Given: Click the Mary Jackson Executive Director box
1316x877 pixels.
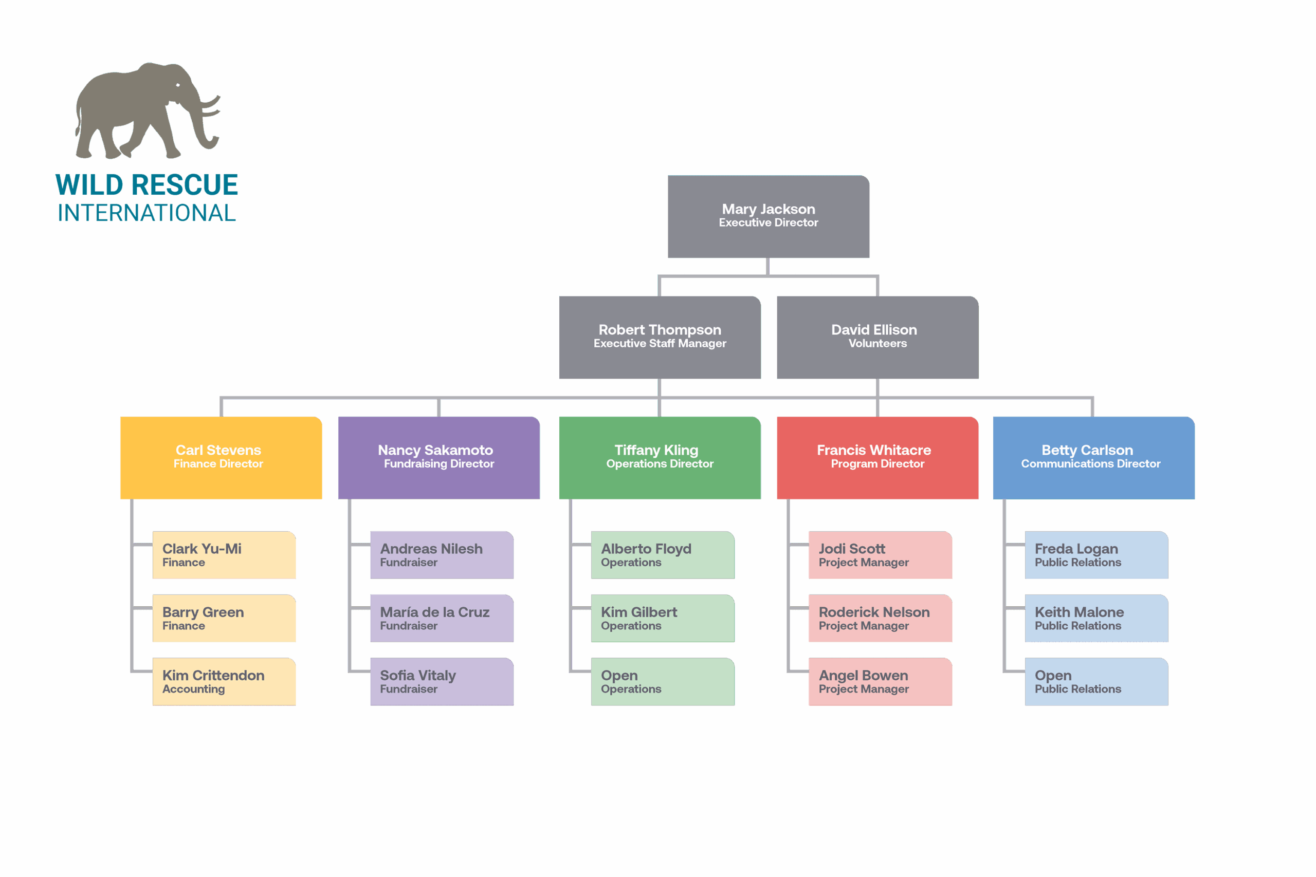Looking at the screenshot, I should pos(768,216).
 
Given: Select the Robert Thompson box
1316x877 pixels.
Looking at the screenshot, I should pos(660,337).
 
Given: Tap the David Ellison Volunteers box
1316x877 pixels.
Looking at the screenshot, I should pos(878,337).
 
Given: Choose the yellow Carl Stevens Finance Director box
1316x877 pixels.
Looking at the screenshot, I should pos(221,458).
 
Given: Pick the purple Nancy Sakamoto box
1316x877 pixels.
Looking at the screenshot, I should pos(438,458).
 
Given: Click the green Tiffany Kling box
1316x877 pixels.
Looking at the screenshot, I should pos(660,458).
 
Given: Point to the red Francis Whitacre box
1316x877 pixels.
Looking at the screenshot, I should pos(878,458).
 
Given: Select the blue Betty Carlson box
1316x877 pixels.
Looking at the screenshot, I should pos(1093,458).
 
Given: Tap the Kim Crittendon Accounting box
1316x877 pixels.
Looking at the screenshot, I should pos(224,681).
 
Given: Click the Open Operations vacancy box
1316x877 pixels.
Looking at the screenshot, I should pos(663,681).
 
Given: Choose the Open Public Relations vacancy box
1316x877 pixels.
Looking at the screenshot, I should pos(1096,681).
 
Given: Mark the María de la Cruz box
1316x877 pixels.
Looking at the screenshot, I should pos(442,618).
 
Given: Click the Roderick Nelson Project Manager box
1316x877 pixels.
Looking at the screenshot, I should pos(880,618).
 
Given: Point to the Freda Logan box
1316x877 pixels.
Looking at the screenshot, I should pos(1096,555).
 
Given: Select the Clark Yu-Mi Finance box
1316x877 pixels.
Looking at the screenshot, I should pos(224,555).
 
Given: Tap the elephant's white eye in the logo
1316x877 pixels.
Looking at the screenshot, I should pos(178,85).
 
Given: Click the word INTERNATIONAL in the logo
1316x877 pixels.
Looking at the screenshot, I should pos(147,213).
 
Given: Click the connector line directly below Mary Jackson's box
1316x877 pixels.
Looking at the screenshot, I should pos(767,266).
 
